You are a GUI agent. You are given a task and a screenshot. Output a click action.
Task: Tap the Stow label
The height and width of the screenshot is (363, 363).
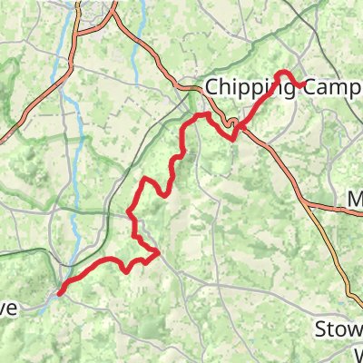[338, 329]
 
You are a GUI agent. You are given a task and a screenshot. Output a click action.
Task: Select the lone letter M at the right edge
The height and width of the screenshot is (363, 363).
[356, 200]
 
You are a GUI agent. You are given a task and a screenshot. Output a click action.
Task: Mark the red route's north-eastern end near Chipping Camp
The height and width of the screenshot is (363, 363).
[302, 84]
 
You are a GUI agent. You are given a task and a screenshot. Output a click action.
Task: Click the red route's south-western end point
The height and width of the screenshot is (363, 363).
[60, 292]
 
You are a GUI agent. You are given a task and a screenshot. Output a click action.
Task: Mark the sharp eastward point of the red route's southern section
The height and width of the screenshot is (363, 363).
[159, 251]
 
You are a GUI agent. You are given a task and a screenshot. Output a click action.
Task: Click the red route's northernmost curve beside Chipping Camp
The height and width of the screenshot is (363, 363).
[283, 72]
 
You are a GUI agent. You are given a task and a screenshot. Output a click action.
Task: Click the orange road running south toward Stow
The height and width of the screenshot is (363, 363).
[349, 281]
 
